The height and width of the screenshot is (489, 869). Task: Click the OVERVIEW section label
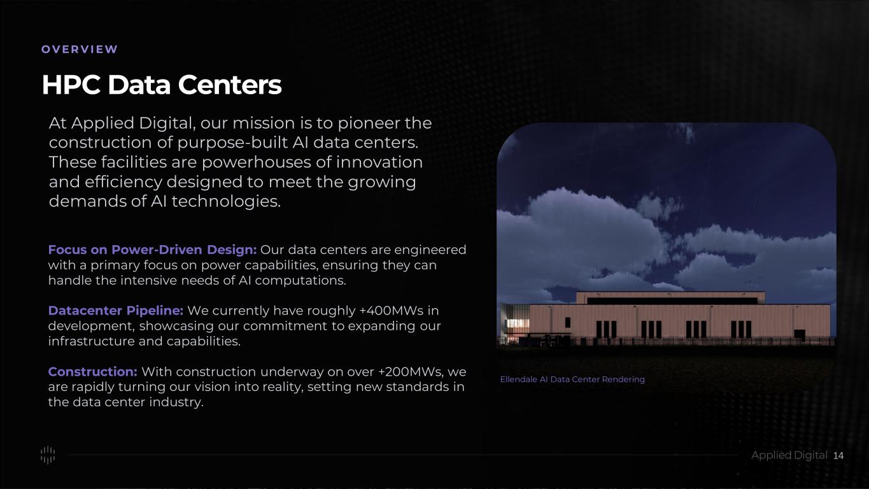79,49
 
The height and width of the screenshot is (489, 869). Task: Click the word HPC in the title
71,85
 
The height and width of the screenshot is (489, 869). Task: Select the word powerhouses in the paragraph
256,162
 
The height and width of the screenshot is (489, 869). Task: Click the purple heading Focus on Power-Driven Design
152,250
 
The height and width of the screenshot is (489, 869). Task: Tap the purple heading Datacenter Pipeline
116,311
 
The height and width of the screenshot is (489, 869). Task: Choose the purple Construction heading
93,371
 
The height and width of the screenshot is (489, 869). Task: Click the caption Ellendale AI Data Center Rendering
572,379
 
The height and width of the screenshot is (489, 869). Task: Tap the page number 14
838,456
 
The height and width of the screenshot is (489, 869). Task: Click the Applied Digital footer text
789,455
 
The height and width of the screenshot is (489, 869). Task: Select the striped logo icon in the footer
48,455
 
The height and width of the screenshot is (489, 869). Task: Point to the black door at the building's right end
800,334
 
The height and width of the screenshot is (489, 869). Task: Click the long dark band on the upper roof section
672,301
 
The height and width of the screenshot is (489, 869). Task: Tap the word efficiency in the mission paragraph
124,182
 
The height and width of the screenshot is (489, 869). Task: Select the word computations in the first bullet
300,280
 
